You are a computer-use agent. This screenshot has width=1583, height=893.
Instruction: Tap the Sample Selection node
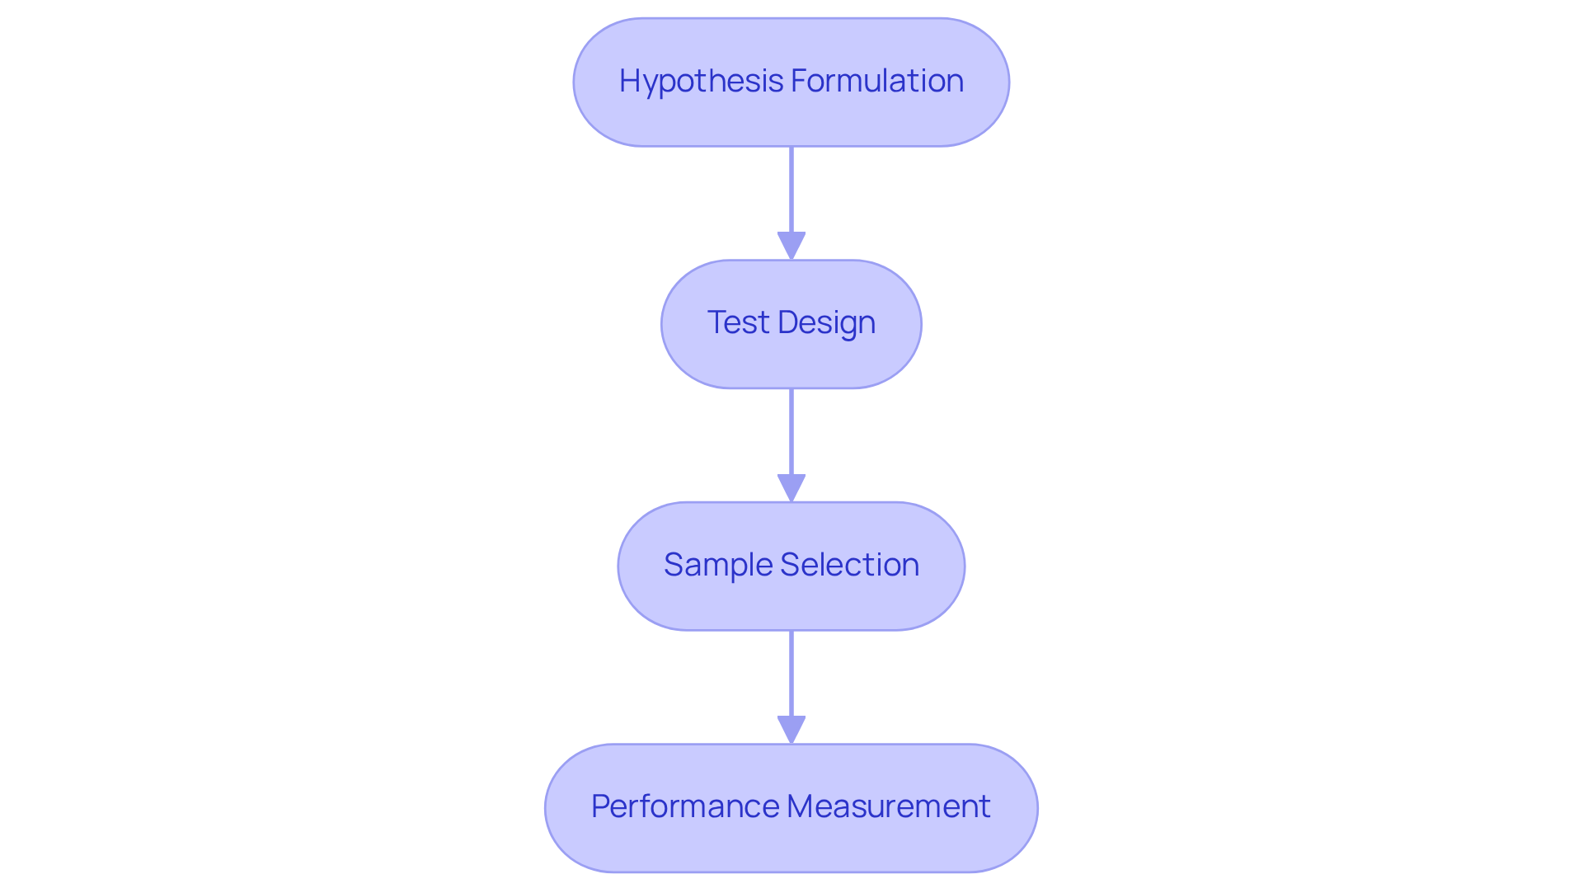point(791,601)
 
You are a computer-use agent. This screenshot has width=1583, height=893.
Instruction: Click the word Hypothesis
point(702,81)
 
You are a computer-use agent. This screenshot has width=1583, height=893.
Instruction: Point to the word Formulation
point(877,81)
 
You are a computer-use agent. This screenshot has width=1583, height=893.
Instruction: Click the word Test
point(737,322)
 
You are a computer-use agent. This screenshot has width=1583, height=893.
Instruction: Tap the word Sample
point(717,565)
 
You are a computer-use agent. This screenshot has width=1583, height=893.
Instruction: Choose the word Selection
point(849,565)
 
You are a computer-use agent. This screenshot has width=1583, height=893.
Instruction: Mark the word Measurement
point(889,806)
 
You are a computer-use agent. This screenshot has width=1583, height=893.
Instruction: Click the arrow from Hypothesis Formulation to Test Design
point(791,190)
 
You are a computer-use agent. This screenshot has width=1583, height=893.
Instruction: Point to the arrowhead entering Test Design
point(791,247)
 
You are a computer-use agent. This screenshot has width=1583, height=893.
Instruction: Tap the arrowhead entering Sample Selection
point(791,488)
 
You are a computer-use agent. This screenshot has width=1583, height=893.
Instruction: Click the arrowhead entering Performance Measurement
point(791,730)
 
